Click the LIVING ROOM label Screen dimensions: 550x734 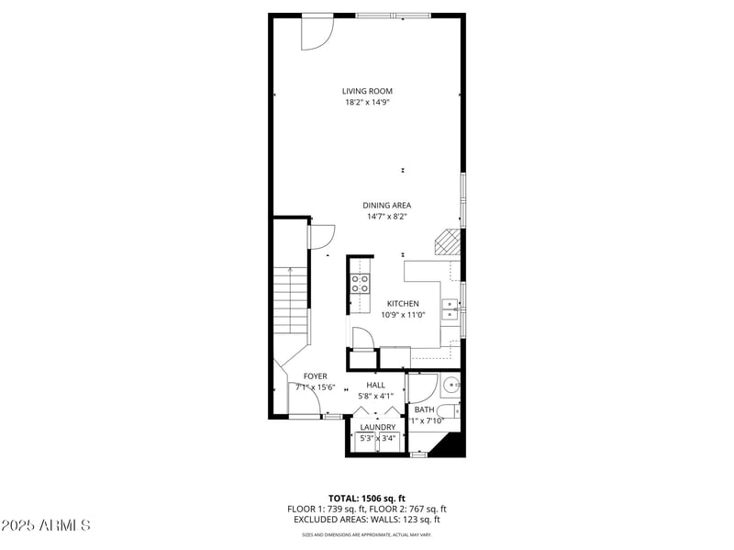coord(367,91)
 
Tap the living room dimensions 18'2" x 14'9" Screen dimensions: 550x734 coord(367,102)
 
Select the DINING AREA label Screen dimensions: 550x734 coord(386,205)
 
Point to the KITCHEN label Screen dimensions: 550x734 coord(402,304)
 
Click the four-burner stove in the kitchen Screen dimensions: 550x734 coord(360,283)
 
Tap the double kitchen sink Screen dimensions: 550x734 coord(450,309)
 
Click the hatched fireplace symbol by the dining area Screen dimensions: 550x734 coord(446,242)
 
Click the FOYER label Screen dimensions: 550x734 coord(316,376)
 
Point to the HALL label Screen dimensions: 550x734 coord(375,385)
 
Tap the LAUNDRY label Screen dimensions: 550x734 coord(377,427)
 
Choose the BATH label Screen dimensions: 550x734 coord(424,410)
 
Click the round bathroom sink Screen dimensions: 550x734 coord(450,385)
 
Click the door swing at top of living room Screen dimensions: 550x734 coord(317,32)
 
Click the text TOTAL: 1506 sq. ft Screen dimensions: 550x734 coord(366,498)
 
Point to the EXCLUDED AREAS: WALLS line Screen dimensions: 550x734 coord(366,520)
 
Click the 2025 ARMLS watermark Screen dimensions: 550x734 coord(46,525)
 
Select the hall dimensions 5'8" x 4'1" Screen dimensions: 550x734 coord(375,396)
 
